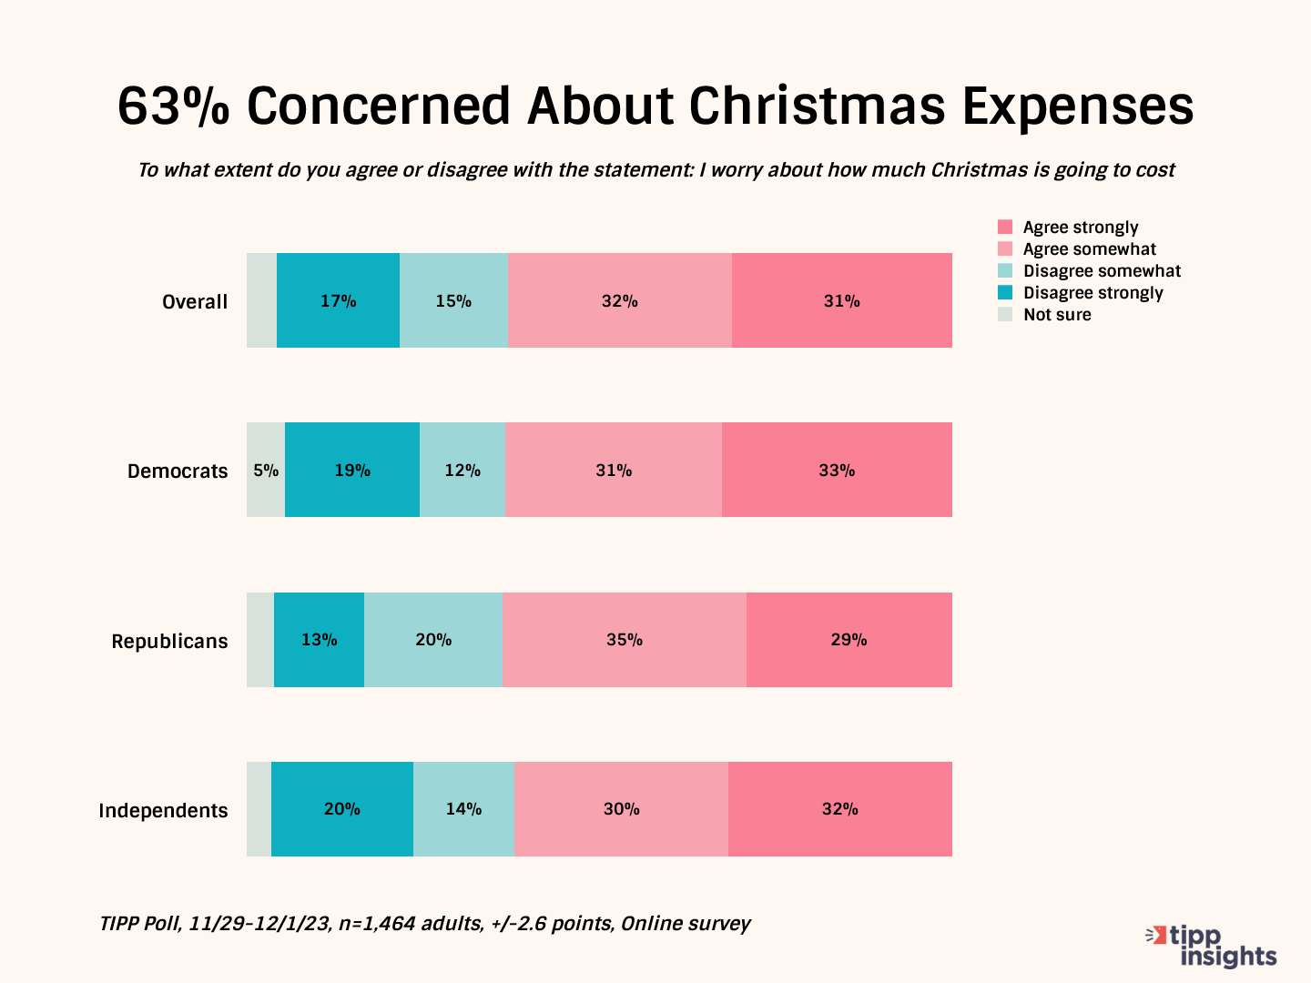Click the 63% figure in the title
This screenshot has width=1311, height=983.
[x=172, y=106]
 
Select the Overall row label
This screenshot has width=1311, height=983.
[x=195, y=301]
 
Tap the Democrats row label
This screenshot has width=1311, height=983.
[x=178, y=471]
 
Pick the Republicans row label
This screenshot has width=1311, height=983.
[x=169, y=641]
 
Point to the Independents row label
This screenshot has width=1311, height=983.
[x=163, y=810]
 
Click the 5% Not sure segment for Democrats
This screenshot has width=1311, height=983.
[x=266, y=471]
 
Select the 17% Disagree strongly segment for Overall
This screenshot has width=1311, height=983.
[x=338, y=301]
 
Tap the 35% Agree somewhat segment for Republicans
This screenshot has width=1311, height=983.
[x=624, y=640]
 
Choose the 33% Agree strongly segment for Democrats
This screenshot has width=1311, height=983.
[x=837, y=471]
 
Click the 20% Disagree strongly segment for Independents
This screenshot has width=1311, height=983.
[x=342, y=809]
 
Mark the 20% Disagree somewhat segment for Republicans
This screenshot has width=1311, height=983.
[x=433, y=640]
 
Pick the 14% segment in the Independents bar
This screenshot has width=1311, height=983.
[x=463, y=809]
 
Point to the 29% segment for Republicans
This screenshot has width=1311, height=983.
[x=849, y=640]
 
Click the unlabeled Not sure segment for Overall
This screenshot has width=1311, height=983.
[x=261, y=301]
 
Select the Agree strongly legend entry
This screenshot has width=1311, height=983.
[x=1080, y=228]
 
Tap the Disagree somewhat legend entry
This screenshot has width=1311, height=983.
[x=1102, y=271]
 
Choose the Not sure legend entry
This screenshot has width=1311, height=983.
[x=1057, y=315]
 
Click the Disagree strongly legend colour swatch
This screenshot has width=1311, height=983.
[x=1005, y=293]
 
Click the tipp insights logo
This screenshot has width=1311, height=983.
[x=1212, y=946]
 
